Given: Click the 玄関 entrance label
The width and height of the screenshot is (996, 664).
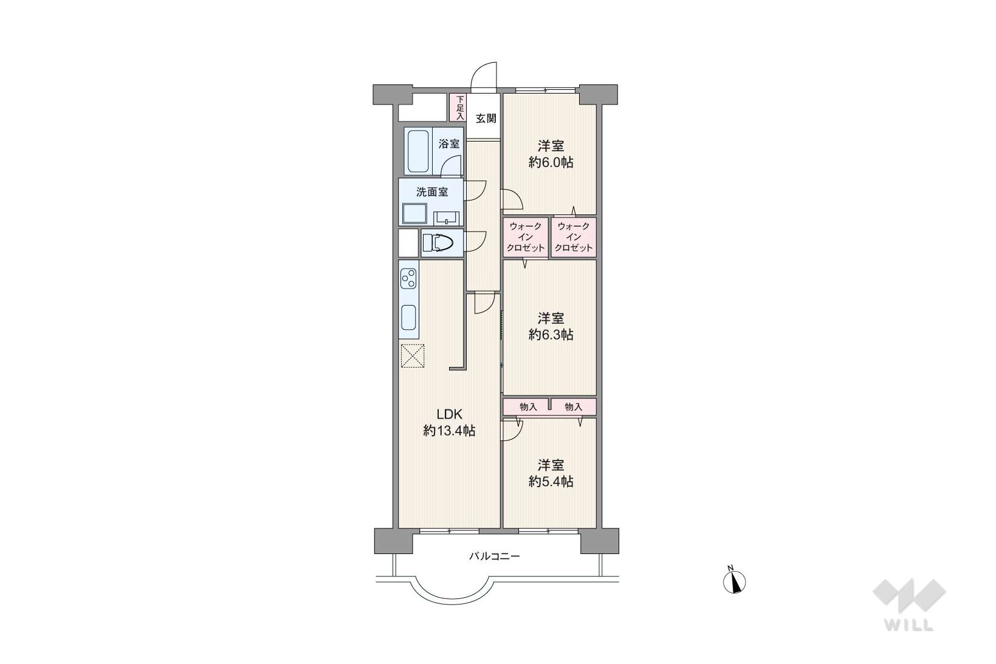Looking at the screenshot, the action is click(x=486, y=118).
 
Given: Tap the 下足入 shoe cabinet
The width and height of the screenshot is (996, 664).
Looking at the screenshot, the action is click(x=458, y=107).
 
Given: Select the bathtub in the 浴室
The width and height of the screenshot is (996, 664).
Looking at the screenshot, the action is click(x=418, y=151).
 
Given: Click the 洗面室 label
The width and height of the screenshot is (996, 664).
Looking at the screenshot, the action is click(x=431, y=192).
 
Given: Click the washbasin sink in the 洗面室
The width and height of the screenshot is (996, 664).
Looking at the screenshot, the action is click(x=446, y=217).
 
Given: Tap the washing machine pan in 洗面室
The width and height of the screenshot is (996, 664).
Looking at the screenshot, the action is click(x=414, y=214).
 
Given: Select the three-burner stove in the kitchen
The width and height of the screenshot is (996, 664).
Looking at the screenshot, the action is click(x=408, y=279).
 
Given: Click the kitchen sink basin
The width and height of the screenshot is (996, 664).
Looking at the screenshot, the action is click(x=408, y=317).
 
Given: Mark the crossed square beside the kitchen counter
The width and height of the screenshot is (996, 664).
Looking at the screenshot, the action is click(x=413, y=355).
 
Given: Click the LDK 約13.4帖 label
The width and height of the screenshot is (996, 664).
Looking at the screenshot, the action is click(x=449, y=422).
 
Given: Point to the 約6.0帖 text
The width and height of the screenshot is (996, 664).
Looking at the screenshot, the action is click(x=551, y=162).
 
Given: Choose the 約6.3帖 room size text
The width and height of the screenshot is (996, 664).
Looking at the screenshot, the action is click(x=551, y=335).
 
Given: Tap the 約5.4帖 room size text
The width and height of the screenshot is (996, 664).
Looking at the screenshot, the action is click(x=551, y=481).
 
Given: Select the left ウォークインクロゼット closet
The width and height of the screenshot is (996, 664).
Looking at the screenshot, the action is click(x=526, y=237).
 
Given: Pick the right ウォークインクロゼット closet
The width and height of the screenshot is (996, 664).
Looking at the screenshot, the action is click(x=574, y=237).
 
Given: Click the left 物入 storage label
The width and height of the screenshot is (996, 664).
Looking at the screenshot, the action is click(x=528, y=406).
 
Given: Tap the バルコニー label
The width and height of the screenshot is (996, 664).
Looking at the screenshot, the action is click(x=495, y=556).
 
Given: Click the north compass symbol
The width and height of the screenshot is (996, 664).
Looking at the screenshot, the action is click(x=734, y=581).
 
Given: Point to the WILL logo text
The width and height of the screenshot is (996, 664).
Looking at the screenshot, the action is click(x=909, y=625).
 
